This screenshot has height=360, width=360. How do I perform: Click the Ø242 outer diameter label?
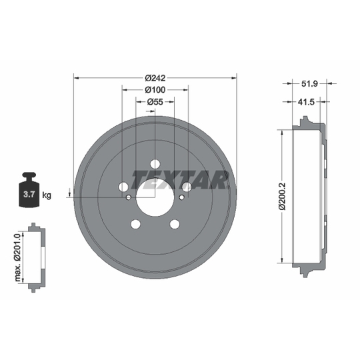tap(155, 77)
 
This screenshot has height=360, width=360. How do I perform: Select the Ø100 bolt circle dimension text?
tap(155, 89)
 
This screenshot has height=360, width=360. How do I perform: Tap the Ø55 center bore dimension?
tap(155, 101)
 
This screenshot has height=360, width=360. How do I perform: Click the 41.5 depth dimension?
tap(307, 101)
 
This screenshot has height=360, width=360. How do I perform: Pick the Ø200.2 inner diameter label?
tap(282, 196)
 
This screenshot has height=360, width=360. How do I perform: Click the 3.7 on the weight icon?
tap(29, 195)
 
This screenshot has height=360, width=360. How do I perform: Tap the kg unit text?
tap(47, 195)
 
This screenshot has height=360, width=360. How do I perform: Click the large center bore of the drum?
tap(155, 197)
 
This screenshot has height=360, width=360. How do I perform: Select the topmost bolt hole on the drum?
tap(155, 164)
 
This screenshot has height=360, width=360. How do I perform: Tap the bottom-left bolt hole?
tap(135, 224)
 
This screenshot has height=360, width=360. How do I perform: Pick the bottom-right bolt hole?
tap(175, 224)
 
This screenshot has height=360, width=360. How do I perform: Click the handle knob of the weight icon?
tap(29, 176)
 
